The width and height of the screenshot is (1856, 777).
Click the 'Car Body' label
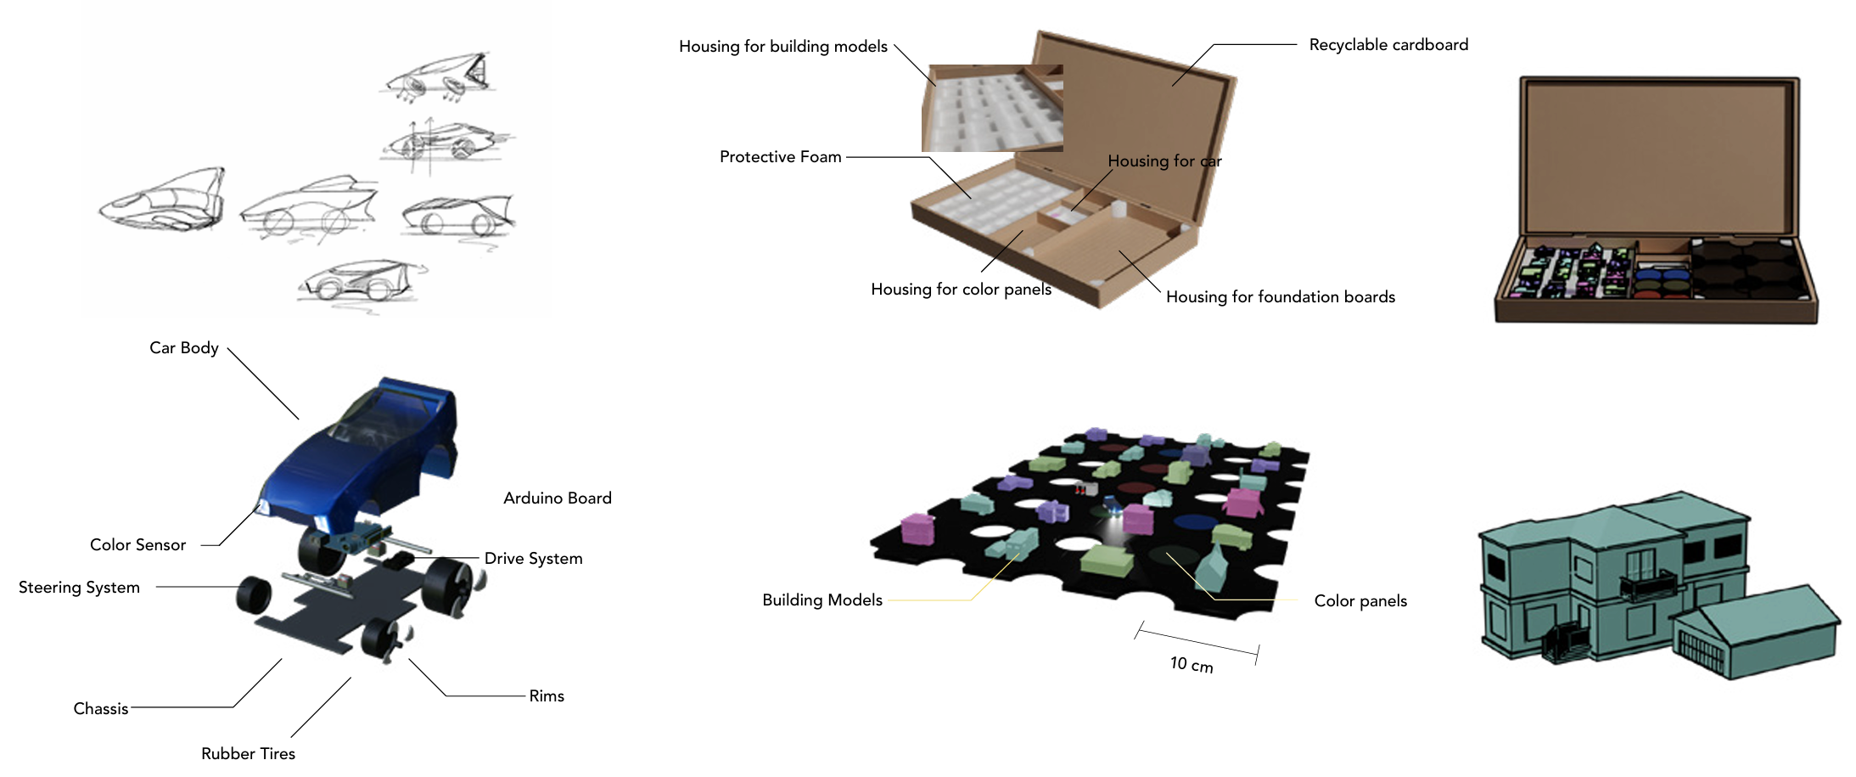(x=184, y=348)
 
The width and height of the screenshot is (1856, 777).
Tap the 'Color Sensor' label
(x=137, y=545)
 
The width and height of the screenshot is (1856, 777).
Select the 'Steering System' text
(x=79, y=588)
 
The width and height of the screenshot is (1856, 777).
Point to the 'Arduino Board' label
(x=557, y=498)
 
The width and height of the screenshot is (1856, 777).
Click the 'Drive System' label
(x=533, y=559)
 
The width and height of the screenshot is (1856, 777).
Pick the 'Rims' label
(x=546, y=696)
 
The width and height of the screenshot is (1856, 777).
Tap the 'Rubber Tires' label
(x=248, y=754)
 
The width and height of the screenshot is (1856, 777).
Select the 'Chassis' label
(x=101, y=709)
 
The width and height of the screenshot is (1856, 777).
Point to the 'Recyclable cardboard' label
(x=1388, y=45)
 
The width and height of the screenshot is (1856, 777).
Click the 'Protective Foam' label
(x=780, y=157)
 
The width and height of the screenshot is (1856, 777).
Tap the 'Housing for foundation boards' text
(x=1280, y=297)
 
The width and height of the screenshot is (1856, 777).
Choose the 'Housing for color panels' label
(x=961, y=290)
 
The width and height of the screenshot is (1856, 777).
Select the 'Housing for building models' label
(x=782, y=47)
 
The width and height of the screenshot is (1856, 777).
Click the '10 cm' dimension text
(x=1191, y=665)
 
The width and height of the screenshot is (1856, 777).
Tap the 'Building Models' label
(x=821, y=600)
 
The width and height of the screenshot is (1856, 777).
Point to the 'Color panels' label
(x=1360, y=601)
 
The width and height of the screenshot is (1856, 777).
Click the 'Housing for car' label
(x=1164, y=161)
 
